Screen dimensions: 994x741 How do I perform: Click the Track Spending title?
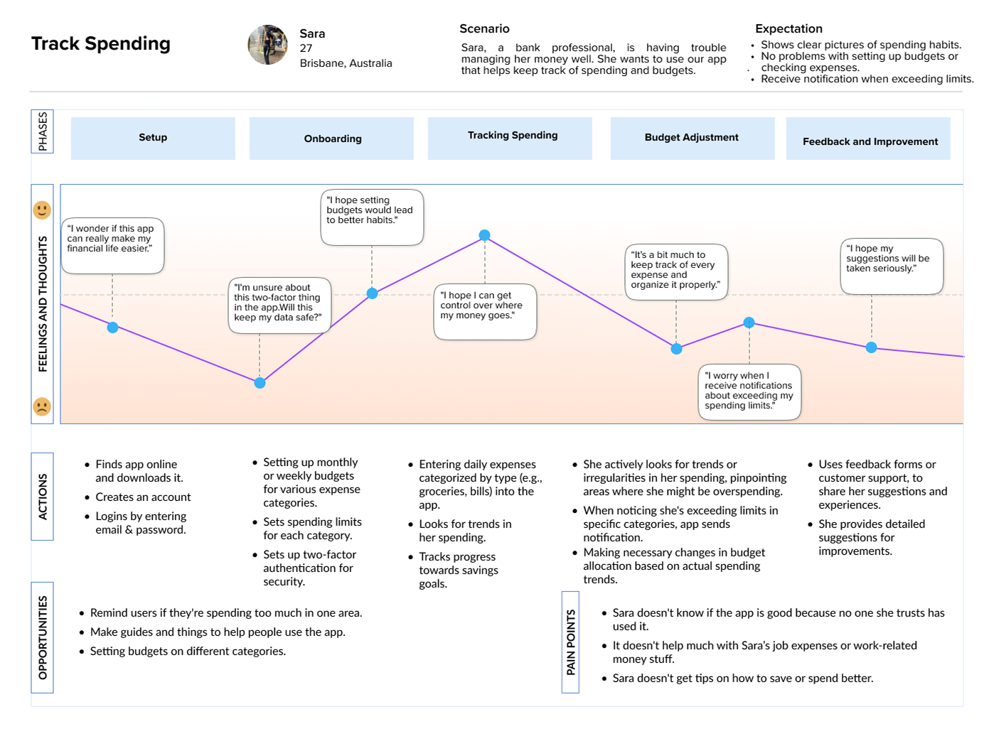click(x=100, y=43)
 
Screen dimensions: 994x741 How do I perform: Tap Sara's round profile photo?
click(x=267, y=44)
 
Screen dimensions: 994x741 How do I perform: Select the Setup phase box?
click(x=153, y=138)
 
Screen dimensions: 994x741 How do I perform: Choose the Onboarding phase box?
click(x=331, y=138)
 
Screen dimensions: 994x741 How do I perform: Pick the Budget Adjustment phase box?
click(x=692, y=138)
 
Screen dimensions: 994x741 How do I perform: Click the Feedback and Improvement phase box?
click(x=867, y=138)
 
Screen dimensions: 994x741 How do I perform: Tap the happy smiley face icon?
click(x=42, y=210)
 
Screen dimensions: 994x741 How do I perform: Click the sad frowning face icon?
click(x=42, y=406)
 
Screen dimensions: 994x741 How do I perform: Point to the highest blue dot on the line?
click(x=484, y=234)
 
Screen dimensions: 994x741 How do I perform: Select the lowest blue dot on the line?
click(x=260, y=383)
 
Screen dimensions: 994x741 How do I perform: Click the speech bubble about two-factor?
click(x=279, y=305)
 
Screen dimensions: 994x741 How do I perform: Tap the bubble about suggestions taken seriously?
click(x=891, y=266)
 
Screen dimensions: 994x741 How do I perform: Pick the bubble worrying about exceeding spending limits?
click(x=749, y=391)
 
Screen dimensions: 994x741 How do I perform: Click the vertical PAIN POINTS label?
click(x=570, y=642)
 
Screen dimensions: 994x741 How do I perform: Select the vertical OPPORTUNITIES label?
click(x=42, y=637)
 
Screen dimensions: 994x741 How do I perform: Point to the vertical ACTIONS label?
click(x=42, y=496)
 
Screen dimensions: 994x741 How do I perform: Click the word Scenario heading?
click(x=484, y=28)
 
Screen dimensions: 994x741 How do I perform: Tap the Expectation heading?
click(x=789, y=28)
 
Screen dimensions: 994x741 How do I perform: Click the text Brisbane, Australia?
click(x=346, y=63)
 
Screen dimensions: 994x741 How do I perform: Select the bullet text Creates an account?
click(x=143, y=497)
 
